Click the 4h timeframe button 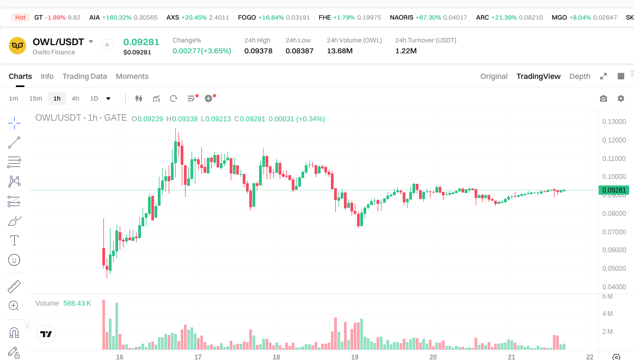click(x=75, y=98)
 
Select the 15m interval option click(x=35, y=98)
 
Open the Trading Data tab click(x=84, y=76)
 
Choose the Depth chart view click(x=580, y=76)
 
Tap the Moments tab click(x=132, y=76)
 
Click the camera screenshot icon click(x=603, y=98)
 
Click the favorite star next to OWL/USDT click(x=107, y=45)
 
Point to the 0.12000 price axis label click(x=613, y=140)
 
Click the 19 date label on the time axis click(x=355, y=357)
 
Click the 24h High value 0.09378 click(x=258, y=51)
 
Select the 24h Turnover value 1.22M click(x=406, y=51)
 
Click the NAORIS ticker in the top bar click(x=402, y=17)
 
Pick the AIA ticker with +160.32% click(x=95, y=17)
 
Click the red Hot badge click(x=21, y=17)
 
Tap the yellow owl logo click(x=17, y=45)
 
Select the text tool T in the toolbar click(x=14, y=240)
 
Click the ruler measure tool click(x=14, y=286)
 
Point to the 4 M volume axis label click(x=607, y=314)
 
